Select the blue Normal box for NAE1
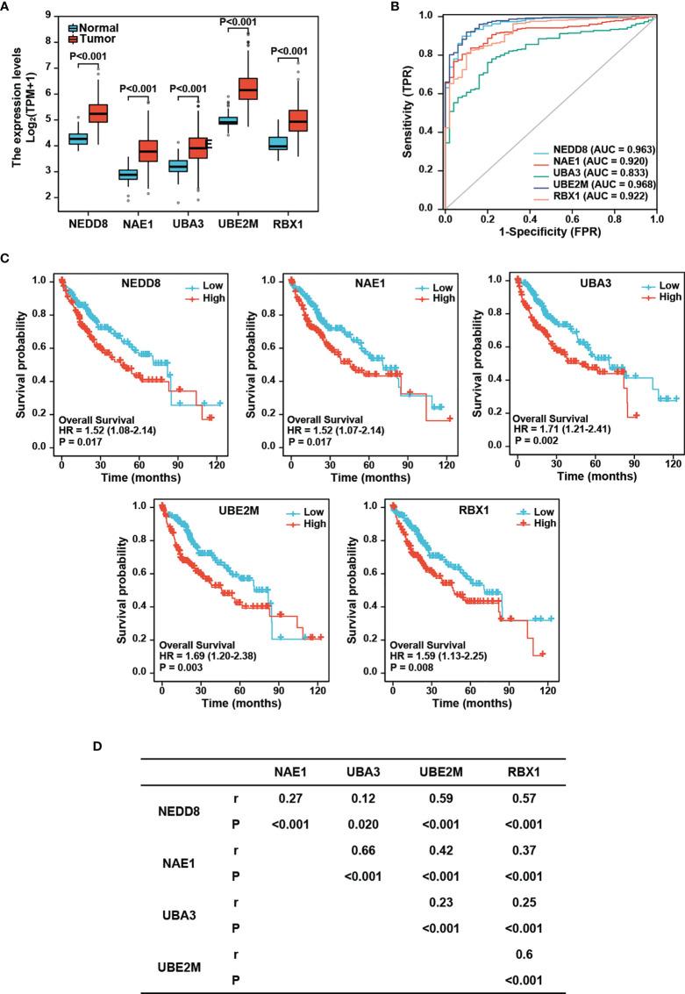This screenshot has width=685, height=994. [x=128, y=175]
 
